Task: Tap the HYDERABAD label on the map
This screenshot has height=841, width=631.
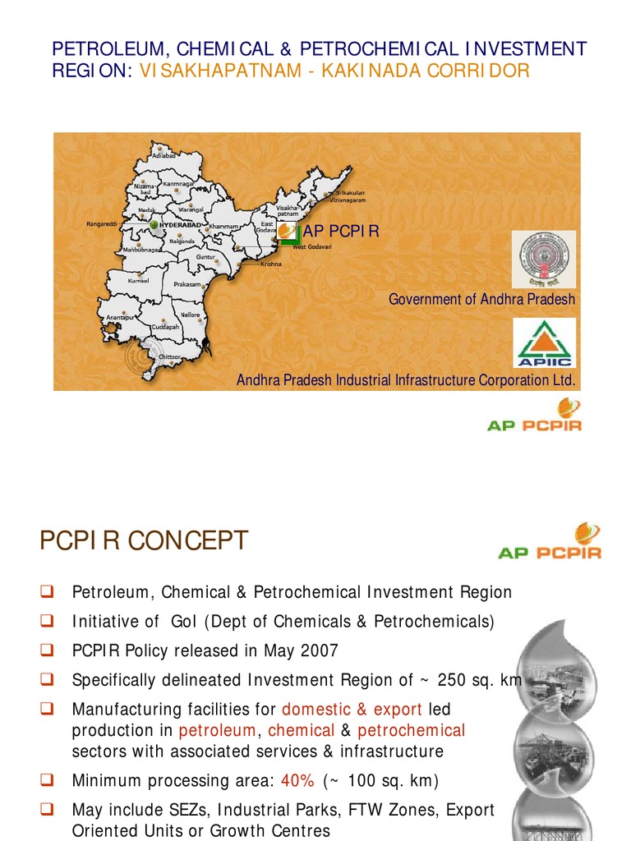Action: (179, 223)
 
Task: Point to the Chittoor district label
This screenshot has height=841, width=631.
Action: (169, 357)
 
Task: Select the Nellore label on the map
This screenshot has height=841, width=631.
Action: (190, 315)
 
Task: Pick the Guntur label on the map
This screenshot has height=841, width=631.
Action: (205, 257)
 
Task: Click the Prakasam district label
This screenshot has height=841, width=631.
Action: (187, 284)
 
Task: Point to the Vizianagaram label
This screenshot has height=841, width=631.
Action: (348, 200)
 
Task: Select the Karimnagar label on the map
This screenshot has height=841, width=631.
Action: (178, 184)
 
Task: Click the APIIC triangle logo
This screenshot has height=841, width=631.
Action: (544, 342)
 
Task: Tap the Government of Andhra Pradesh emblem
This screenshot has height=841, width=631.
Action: (544, 259)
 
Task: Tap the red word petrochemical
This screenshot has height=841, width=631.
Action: (411, 730)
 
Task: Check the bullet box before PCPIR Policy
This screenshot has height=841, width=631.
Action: (47, 650)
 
